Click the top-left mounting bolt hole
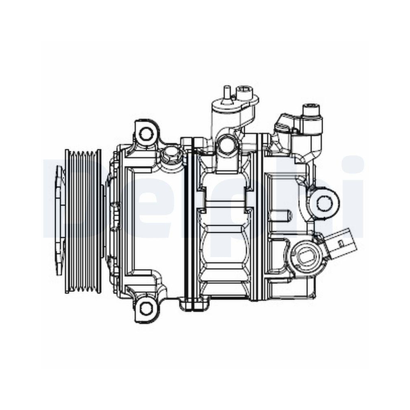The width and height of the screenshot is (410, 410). click(146, 133)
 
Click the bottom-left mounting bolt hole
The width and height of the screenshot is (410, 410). click(146, 307)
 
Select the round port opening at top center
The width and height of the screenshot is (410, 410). click(226, 144)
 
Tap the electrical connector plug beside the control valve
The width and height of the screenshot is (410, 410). click(338, 245)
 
